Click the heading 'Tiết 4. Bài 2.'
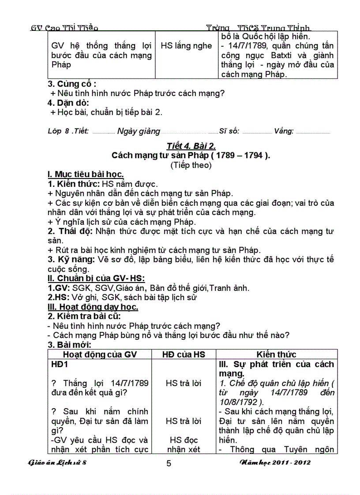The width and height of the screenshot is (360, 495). pyautogui.click(x=191, y=146)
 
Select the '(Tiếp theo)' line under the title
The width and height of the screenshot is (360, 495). pyautogui.click(x=191, y=165)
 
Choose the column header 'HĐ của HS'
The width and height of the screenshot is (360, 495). pyautogui.click(x=184, y=354)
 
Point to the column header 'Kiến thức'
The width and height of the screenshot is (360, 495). pyautogui.click(x=277, y=354)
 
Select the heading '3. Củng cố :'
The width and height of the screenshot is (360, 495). pyautogui.click(x=72, y=84)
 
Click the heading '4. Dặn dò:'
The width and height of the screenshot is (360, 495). pyautogui.click(x=68, y=103)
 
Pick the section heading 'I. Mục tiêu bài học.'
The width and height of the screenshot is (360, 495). pyautogui.click(x=86, y=174)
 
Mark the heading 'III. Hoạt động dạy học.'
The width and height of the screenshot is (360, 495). pyautogui.click(x=93, y=307)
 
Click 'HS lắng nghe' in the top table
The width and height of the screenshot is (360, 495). pyautogui.click(x=186, y=46)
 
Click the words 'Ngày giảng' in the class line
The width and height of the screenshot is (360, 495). pyautogui.click(x=139, y=131)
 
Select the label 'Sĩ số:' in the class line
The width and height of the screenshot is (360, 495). pyautogui.click(x=229, y=131)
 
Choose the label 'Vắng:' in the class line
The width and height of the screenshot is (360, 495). pyautogui.click(x=284, y=131)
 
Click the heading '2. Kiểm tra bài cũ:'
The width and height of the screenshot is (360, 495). pyautogui.click(x=84, y=316)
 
